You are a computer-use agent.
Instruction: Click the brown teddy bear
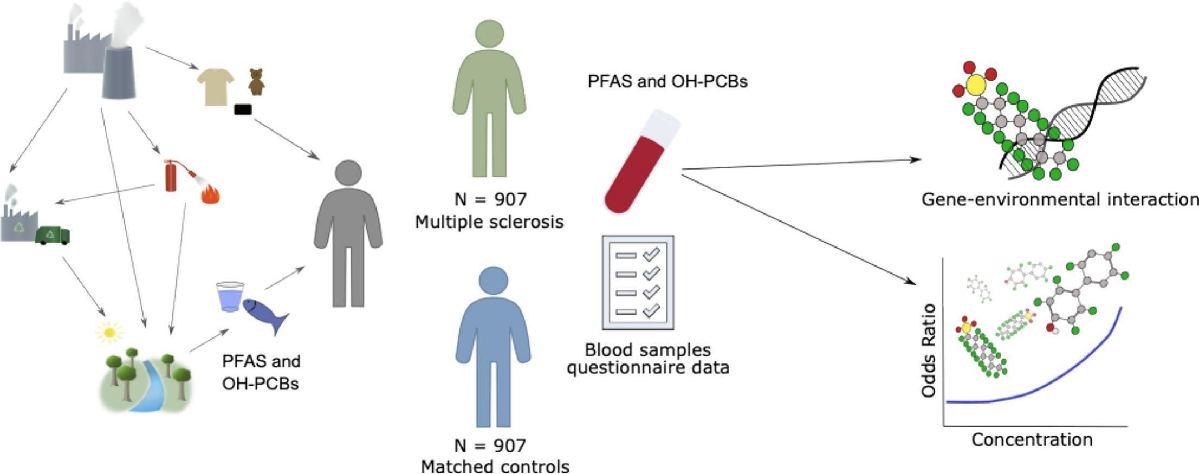[256, 82]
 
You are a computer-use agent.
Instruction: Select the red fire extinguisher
[171, 176]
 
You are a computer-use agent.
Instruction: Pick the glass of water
[230, 296]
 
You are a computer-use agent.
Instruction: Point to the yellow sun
[109, 332]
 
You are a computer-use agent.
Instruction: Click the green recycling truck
[53, 236]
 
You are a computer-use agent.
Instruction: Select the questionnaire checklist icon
[638, 282]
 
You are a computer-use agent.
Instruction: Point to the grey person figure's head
[348, 174]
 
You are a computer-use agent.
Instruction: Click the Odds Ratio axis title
[929, 350]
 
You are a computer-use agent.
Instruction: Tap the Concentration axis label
[1032, 439]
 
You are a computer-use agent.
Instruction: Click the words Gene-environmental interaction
[1060, 199]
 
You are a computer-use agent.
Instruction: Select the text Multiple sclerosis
[489, 222]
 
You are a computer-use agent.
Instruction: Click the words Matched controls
[495, 466]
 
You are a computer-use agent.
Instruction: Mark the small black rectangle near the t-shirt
[243, 109]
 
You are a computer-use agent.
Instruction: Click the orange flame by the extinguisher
[210, 194]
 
